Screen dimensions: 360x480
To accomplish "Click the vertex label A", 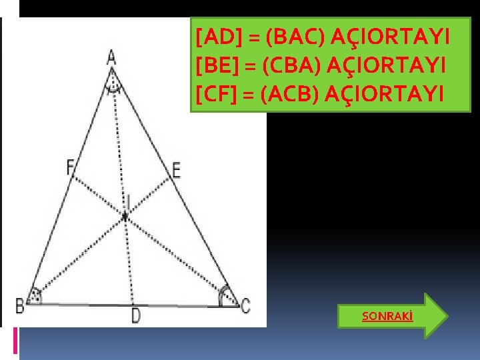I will tap(111, 57).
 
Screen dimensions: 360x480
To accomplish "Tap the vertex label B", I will tap(21, 307).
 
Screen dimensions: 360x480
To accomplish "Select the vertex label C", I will tap(246, 307).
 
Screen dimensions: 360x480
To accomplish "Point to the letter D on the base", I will tap(136, 315).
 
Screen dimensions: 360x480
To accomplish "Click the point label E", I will tap(176, 170).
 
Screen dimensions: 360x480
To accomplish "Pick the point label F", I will tap(70, 167).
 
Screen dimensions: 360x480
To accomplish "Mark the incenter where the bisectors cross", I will tap(125, 215).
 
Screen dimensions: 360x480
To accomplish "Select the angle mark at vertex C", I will tap(227, 296).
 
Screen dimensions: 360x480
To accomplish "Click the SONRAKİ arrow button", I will tap(393, 315).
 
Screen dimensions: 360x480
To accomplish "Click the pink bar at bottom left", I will tap(15, 341).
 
